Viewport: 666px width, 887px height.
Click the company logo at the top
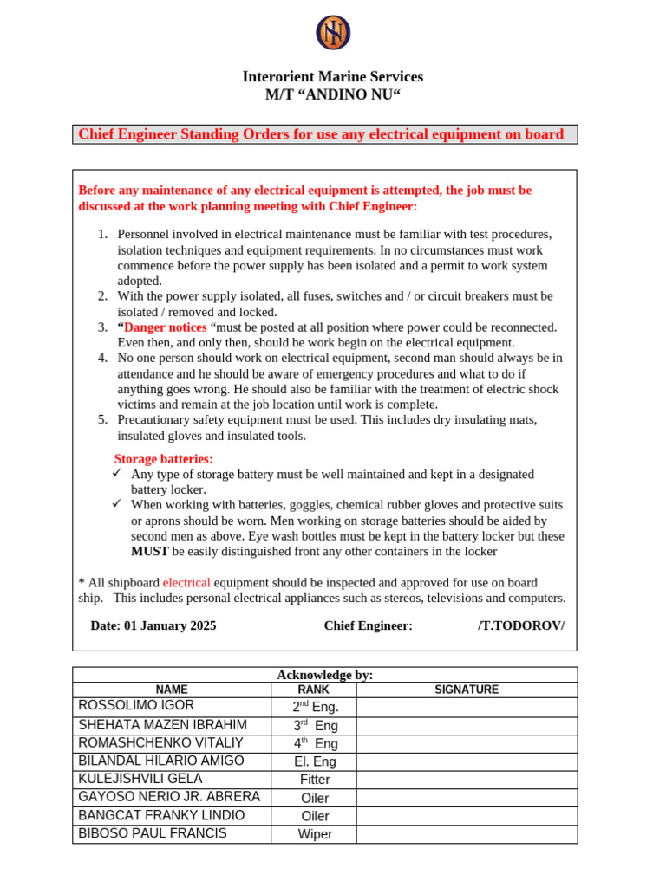point(333,33)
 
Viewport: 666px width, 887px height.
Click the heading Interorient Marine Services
point(333,77)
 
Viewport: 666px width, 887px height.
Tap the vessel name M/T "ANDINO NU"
point(333,95)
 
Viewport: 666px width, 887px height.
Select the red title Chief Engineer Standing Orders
point(321,134)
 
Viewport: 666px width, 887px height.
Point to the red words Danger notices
point(166,327)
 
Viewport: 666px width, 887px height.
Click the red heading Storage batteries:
point(163,459)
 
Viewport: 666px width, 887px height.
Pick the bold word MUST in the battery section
point(149,551)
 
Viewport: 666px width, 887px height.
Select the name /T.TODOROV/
point(520,625)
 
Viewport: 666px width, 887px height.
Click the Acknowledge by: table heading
point(324,675)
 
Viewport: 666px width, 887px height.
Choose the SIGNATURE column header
point(466,690)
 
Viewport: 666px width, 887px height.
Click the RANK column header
point(314,690)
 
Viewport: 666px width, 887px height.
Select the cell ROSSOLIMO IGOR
point(136,706)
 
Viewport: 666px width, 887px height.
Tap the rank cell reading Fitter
point(315,780)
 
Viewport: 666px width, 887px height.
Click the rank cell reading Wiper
point(315,834)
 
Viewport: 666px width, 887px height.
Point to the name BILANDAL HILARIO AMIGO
point(161,761)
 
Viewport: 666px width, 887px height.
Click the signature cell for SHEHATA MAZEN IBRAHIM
point(466,725)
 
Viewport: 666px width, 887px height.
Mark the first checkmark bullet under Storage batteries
point(118,474)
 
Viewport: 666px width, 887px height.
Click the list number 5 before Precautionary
point(101,420)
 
